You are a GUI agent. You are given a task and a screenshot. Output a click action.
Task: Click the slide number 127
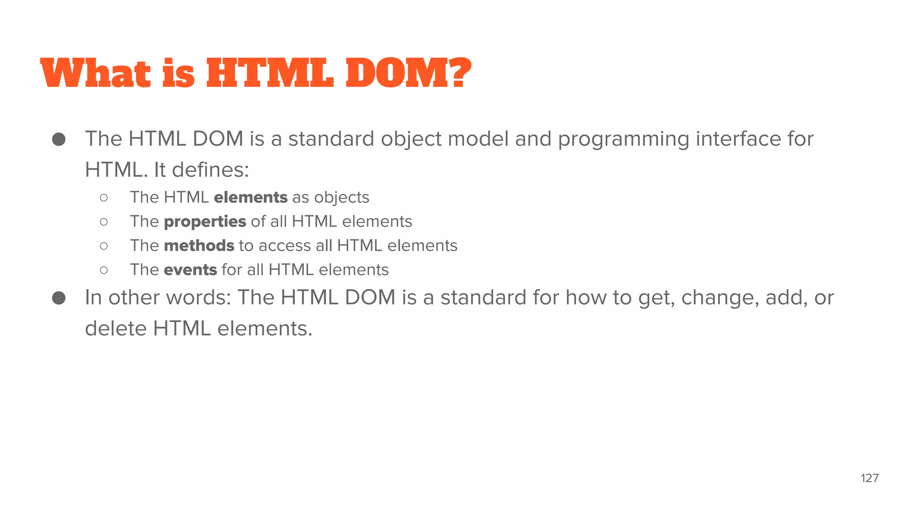(x=869, y=478)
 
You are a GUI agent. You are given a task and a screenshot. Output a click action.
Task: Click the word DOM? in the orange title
(x=408, y=73)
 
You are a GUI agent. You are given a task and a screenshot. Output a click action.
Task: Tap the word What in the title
(x=95, y=73)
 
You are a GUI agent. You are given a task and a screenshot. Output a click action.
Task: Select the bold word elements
(x=250, y=198)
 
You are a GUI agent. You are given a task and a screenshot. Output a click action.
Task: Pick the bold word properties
(x=205, y=222)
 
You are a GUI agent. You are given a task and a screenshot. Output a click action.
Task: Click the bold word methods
(x=199, y=246)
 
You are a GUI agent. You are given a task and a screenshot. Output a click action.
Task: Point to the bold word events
(x=190, y=270)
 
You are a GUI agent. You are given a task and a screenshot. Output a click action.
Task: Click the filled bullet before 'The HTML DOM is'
(x=59, y=140)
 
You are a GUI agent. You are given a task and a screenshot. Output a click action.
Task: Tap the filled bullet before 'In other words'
(x=59, y=298)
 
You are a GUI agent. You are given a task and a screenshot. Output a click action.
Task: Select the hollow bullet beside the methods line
(x=104, y=246)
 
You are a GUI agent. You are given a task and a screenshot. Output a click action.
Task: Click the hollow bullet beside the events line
(x=104, y=270)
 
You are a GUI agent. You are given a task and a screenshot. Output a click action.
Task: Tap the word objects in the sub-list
(x=341, y=198)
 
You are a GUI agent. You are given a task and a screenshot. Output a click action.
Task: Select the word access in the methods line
(x=285, y=246)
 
